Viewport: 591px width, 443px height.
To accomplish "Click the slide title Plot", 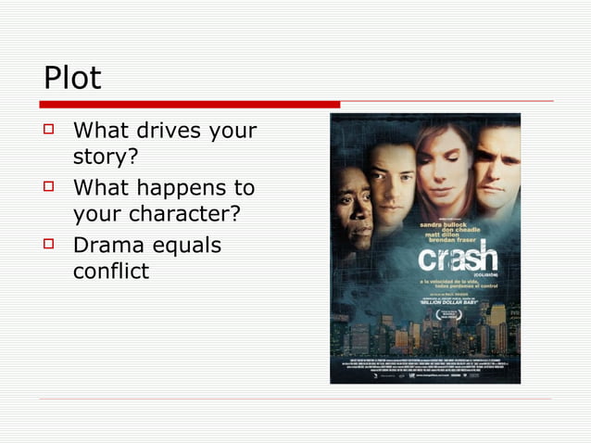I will [x=72, y=78].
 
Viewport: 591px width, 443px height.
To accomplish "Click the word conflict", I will [x=110, y=272].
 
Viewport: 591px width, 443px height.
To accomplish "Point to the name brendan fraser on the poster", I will [x=467, y=243].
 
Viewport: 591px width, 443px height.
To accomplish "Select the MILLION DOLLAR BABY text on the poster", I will [x=455, y=301].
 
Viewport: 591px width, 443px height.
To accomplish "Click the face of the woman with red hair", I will [x=444, y=176].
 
